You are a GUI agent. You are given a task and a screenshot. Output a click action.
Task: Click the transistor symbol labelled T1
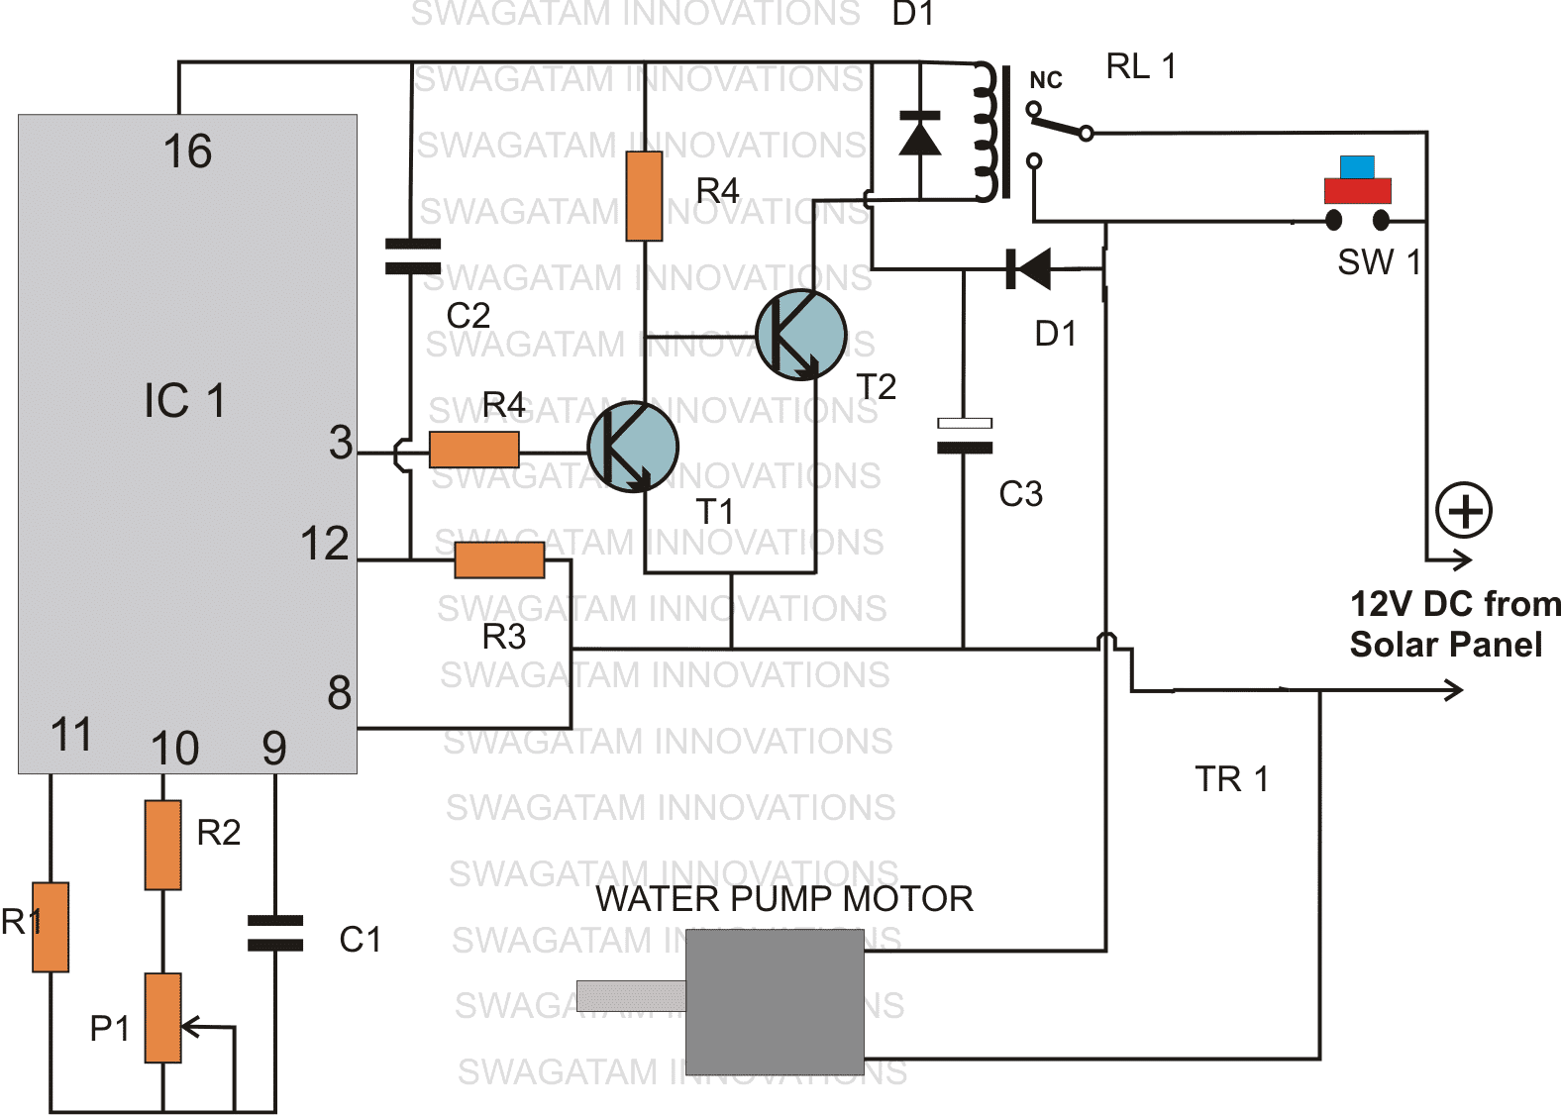(x=632, y=447)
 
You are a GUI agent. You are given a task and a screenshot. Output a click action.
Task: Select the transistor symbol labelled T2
(x=800, y=335)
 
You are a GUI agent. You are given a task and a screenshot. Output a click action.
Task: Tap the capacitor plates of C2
(x=412, y=255)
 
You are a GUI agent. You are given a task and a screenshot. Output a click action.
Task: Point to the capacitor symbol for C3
(x=964, y=436)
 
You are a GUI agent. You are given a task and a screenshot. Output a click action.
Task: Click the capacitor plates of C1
(x=274, y=933)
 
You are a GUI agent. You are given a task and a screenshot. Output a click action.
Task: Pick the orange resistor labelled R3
(x=499, y=560)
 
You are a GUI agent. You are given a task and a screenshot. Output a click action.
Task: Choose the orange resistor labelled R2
(x=162, y=845)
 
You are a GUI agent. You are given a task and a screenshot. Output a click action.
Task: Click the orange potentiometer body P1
(x=162, y=1017)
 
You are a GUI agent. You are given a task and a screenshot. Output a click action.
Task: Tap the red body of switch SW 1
(x=1357, y=191)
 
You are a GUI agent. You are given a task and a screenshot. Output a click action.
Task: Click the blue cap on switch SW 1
(x=1357, y=166)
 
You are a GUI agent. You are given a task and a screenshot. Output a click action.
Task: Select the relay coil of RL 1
(x=985, y=132)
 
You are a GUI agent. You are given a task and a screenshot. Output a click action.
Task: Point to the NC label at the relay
(x=1045, y=80)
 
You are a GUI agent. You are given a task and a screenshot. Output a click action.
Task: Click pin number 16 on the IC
(x=187, y=152)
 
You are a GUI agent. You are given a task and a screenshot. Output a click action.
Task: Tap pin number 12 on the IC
(x=324, y=544)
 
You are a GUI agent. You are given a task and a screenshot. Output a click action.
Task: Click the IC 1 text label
(x=184, y=401)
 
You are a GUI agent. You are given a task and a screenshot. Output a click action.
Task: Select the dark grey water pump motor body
(x=775, y=1001)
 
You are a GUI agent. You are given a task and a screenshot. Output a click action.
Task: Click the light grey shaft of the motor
(x=630, y=995)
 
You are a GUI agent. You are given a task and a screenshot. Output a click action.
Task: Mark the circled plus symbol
(x=1464, y=511)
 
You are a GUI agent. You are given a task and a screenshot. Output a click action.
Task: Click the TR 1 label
(x=1231, y=779)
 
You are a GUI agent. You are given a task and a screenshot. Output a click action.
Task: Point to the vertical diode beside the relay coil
(x=919, y=134)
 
